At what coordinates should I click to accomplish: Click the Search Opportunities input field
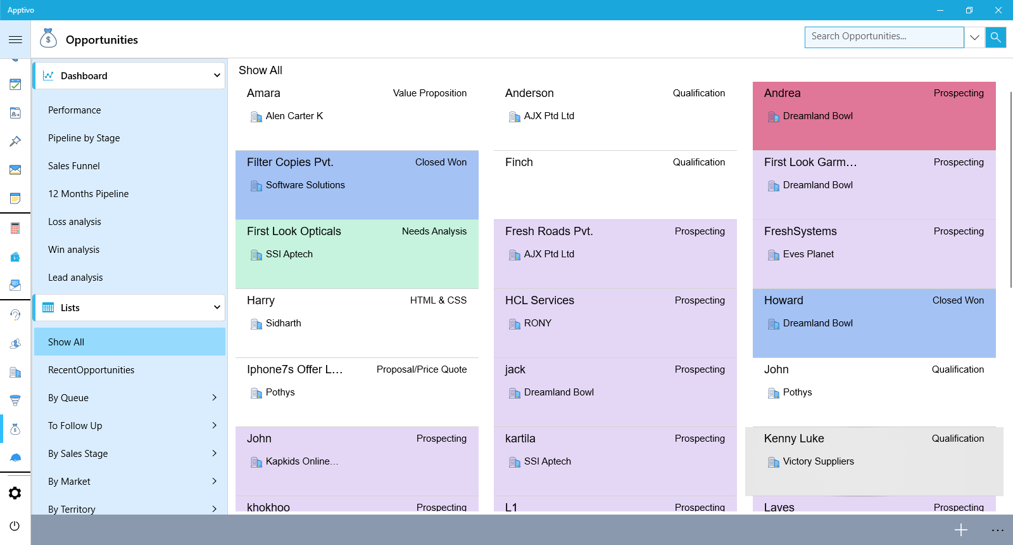click(x=884, y=37)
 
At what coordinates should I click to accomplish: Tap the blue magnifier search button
click(x=996, y=37)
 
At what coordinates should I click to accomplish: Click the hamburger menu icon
click(x=15, y=39)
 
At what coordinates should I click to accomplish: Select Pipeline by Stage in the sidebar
click(x=84, y=138)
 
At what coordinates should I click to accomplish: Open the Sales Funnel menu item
click(x=74, y=166)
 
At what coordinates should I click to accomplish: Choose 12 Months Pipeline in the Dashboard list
click(x=88, y=194)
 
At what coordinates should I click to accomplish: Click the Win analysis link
click(x=73, y=250)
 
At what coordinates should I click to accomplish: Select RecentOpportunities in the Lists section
click(x=91, y=370)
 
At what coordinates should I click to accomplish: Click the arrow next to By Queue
click(x=215, y=397)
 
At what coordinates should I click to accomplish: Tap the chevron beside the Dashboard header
click(x=217, y=75)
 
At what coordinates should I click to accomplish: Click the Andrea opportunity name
click(x=782, y=93)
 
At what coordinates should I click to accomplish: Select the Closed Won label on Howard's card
click(x=958, y=300)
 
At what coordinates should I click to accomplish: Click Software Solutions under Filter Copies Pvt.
click(x=305, y=185)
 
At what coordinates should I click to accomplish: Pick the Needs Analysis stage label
click(x=434, y=231)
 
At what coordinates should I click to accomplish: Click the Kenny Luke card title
click(x=794, y=439)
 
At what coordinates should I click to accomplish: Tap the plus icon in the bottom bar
click(x=961, y=530)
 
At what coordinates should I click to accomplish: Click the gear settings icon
click(x=15, y=493)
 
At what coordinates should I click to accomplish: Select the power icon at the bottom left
click(x=15, y=525)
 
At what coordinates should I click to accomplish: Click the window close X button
click(x=998, y=10)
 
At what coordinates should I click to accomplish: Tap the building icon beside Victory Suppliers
click(x=773, y=462)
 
